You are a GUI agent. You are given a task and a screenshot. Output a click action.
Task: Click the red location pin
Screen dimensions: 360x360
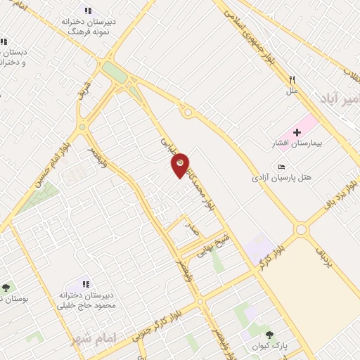(181, 165)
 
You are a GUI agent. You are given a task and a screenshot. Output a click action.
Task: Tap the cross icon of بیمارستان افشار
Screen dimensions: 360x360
(297, 132)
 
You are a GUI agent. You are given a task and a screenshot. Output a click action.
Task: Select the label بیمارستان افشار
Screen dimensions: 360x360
(297, 144)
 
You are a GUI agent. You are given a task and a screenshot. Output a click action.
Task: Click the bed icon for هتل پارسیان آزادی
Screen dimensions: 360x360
(282, 167)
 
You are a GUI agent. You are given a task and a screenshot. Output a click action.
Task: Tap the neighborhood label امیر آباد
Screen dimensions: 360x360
(342, 100)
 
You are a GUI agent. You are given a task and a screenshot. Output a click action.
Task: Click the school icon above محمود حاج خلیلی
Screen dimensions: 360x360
(86, 284)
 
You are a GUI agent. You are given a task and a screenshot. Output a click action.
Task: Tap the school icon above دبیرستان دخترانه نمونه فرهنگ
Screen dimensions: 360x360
(89, 11)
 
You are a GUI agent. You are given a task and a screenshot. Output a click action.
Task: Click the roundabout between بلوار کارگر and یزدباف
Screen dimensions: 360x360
(301, 229)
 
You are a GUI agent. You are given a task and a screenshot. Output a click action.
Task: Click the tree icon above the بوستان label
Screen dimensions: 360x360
(6, 288)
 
